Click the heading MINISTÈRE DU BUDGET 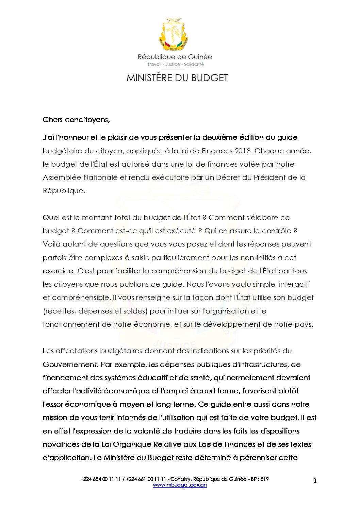point(177,78)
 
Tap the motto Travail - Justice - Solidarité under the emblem point(175,64)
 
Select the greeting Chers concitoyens point(76,120)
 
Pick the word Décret point(228,177)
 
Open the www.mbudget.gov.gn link point(180,485)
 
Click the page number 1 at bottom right point(315,480)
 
